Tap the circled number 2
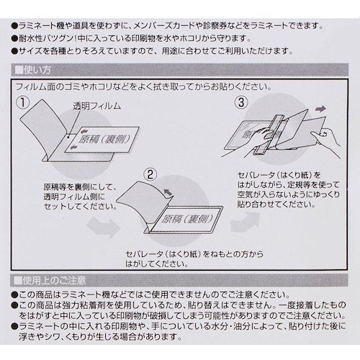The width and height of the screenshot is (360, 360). tap(149, 174)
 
